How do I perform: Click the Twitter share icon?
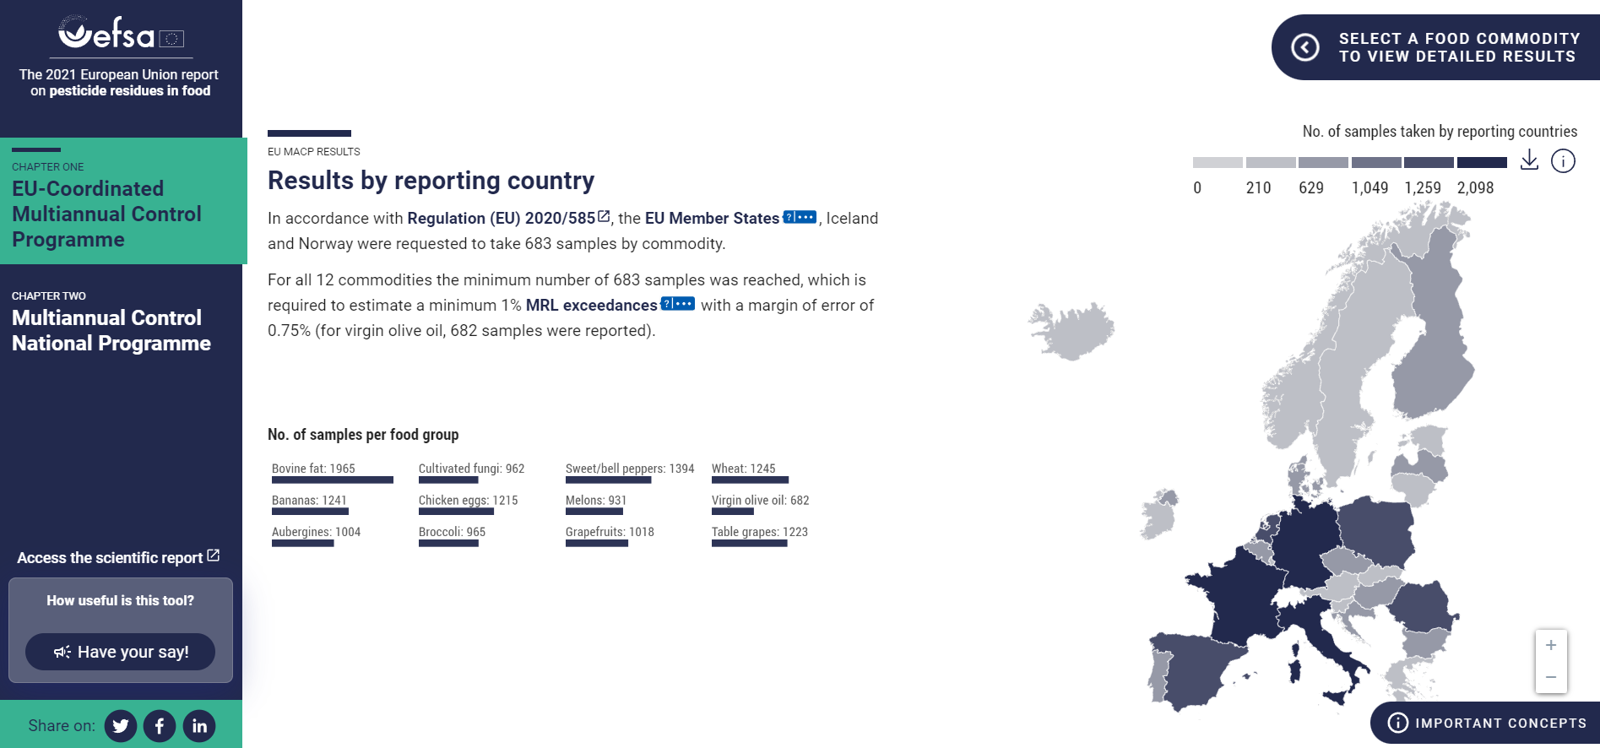click(121, 726)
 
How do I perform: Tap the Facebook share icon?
click(160, 726)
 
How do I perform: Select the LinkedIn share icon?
click(199, 726)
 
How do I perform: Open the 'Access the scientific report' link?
click(118, 557)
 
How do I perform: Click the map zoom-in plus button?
click(1551, 646)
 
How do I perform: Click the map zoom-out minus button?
click(1551, 677)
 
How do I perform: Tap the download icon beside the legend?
click(1529, 160)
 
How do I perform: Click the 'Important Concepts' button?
click(1486, 723)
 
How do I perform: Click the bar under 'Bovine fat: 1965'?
click(333, 480)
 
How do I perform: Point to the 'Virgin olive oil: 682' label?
click(760, 501)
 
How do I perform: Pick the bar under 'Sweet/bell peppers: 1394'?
click(608, 480)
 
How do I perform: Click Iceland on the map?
click(1071, 330)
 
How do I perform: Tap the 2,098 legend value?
click(1475, 188)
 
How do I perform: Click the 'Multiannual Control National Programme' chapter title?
click(111, 331)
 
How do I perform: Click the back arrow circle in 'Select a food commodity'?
click(1305, 47)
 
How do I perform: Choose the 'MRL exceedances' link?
click(591, 305)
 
